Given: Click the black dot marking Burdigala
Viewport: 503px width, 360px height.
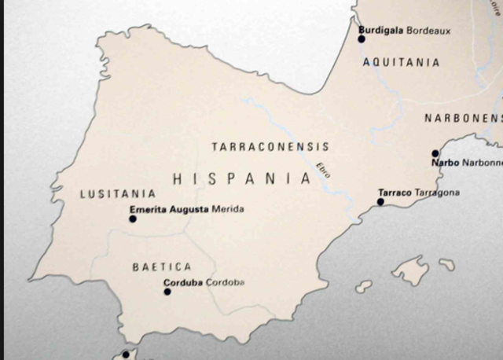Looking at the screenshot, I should pos(362,39).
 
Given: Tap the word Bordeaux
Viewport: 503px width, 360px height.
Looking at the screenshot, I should pos(428,31).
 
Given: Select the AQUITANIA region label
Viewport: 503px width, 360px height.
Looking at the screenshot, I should pos(401,63).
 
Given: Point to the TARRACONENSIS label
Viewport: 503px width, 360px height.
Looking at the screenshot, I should pos(270,147).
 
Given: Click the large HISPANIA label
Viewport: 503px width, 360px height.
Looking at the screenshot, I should pos(242,178).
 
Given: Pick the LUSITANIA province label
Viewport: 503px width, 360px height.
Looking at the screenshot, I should pos(118,193).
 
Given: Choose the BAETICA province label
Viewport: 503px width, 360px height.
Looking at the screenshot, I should pos(162,267).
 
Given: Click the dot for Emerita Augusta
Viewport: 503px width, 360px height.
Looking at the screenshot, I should pos(133,219).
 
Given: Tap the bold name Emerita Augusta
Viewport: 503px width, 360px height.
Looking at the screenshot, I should pos(169,209).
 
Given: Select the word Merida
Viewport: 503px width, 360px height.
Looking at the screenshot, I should pos(228,209).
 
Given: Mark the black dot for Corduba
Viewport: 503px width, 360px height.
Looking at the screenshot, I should pos(167,292).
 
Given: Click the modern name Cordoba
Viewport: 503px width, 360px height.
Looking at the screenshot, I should pos(226,282).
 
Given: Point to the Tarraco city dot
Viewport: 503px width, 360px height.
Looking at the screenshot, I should pos(380,202).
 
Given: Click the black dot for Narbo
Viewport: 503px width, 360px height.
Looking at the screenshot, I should pos(435,154).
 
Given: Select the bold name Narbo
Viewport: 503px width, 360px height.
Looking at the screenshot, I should pos(445,163).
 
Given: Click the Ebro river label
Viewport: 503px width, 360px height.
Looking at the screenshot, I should pos(323,171).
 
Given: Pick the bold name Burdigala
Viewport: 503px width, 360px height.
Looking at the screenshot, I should pos(381,31).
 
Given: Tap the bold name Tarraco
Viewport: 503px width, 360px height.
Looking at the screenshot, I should pos(395,193).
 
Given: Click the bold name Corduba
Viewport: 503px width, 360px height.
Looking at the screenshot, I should pos(183,282).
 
